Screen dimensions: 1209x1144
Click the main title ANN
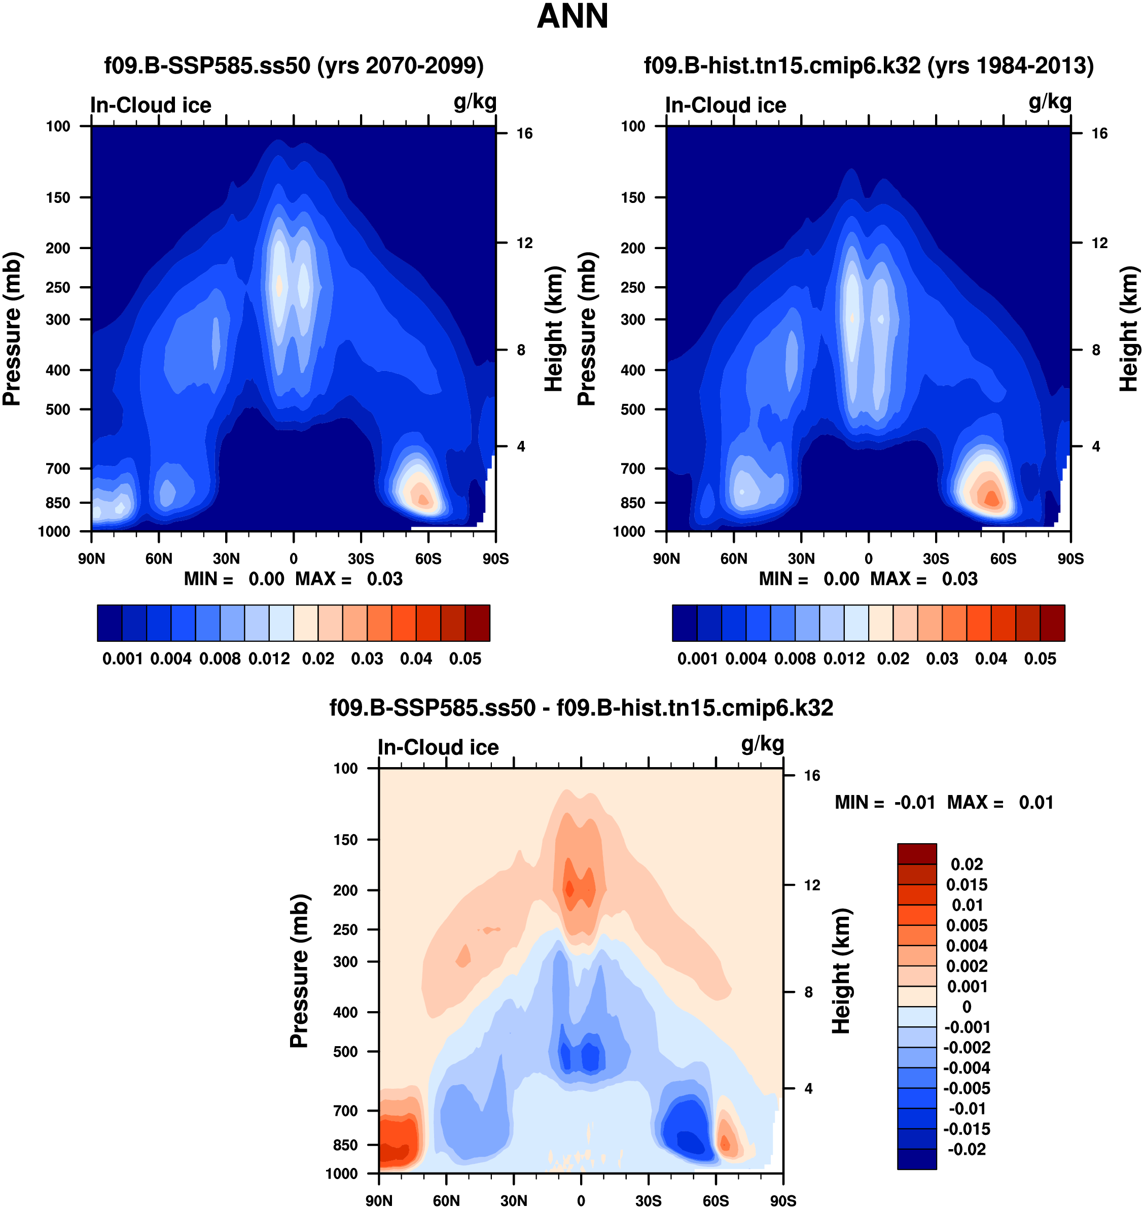[x=572, y=16]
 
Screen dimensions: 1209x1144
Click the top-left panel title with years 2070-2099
[x=294, y=65]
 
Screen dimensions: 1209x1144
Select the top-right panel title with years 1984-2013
[x=868, y=65]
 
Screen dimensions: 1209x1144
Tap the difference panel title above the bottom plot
[x=581, y=708]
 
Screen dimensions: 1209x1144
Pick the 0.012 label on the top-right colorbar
[x=844, y=659]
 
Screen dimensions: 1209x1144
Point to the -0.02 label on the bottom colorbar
[x=967, y=1149]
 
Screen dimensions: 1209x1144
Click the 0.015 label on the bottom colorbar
[x=967, y=884]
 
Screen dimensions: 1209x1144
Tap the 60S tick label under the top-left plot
[x=428, y=559]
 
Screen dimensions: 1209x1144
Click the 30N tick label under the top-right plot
[x=801, y=559]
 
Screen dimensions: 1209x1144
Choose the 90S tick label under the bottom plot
[x=782, y=1200]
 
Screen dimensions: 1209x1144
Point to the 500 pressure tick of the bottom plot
[x=345, y=1052]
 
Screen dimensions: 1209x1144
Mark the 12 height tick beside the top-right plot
[x=1099, y=243]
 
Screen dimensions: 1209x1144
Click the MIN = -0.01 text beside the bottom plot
[x=884, y=802]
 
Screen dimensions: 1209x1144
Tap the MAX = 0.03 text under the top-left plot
[x=349, y=579]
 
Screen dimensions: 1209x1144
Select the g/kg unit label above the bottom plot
[x=762, y=744]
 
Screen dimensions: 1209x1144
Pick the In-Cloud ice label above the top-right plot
[x=726, y=105]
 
